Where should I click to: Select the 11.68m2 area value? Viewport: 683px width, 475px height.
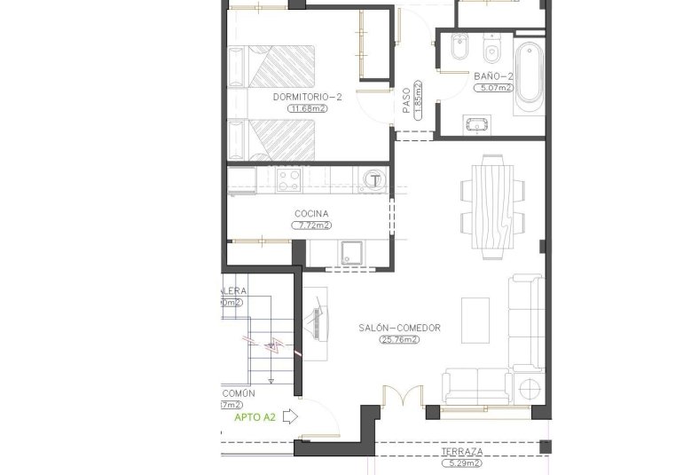tap(307, 108)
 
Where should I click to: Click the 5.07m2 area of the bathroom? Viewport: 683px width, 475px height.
tap(493, 88)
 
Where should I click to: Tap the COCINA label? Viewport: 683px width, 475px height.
tap(311, 214)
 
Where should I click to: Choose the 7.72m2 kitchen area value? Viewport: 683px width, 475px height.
tap(312, 226)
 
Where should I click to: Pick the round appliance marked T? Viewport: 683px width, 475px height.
tap(376, 179)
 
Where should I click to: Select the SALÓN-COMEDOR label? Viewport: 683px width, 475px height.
tap(399, 328)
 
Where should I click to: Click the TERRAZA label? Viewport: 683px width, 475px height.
tap(463, 451)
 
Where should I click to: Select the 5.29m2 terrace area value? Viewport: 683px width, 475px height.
tap(462, 463)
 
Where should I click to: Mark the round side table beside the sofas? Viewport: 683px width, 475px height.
tap(530, 388)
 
